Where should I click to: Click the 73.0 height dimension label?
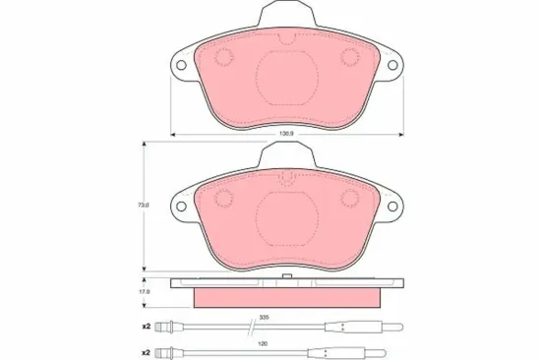144,205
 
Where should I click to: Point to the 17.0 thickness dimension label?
144,291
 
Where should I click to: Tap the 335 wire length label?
264,318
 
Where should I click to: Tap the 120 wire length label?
264,344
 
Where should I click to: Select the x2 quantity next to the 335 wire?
145,326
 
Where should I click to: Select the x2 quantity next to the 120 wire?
145,352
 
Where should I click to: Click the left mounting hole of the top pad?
179,68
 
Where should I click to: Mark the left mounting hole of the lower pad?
179,210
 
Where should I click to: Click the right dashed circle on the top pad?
348,57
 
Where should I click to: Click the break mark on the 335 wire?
242,326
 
